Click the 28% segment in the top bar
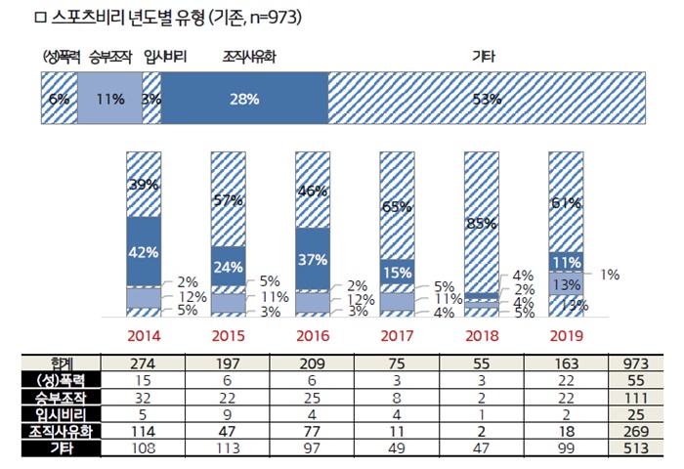244,98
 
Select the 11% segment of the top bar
109,98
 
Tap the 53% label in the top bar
486,98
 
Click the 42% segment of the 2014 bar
144,250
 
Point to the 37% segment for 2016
313,258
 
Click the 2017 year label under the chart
398,335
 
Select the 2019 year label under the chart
566,335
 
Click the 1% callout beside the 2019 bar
611,275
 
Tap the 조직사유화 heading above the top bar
245,56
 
